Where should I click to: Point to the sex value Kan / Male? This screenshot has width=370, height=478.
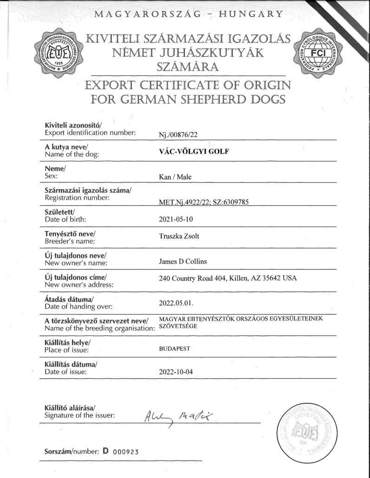tap(175, 177)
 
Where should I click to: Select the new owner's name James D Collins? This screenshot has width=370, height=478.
tap(183, 261)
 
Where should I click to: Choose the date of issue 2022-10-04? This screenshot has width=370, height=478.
tap(175, 372)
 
